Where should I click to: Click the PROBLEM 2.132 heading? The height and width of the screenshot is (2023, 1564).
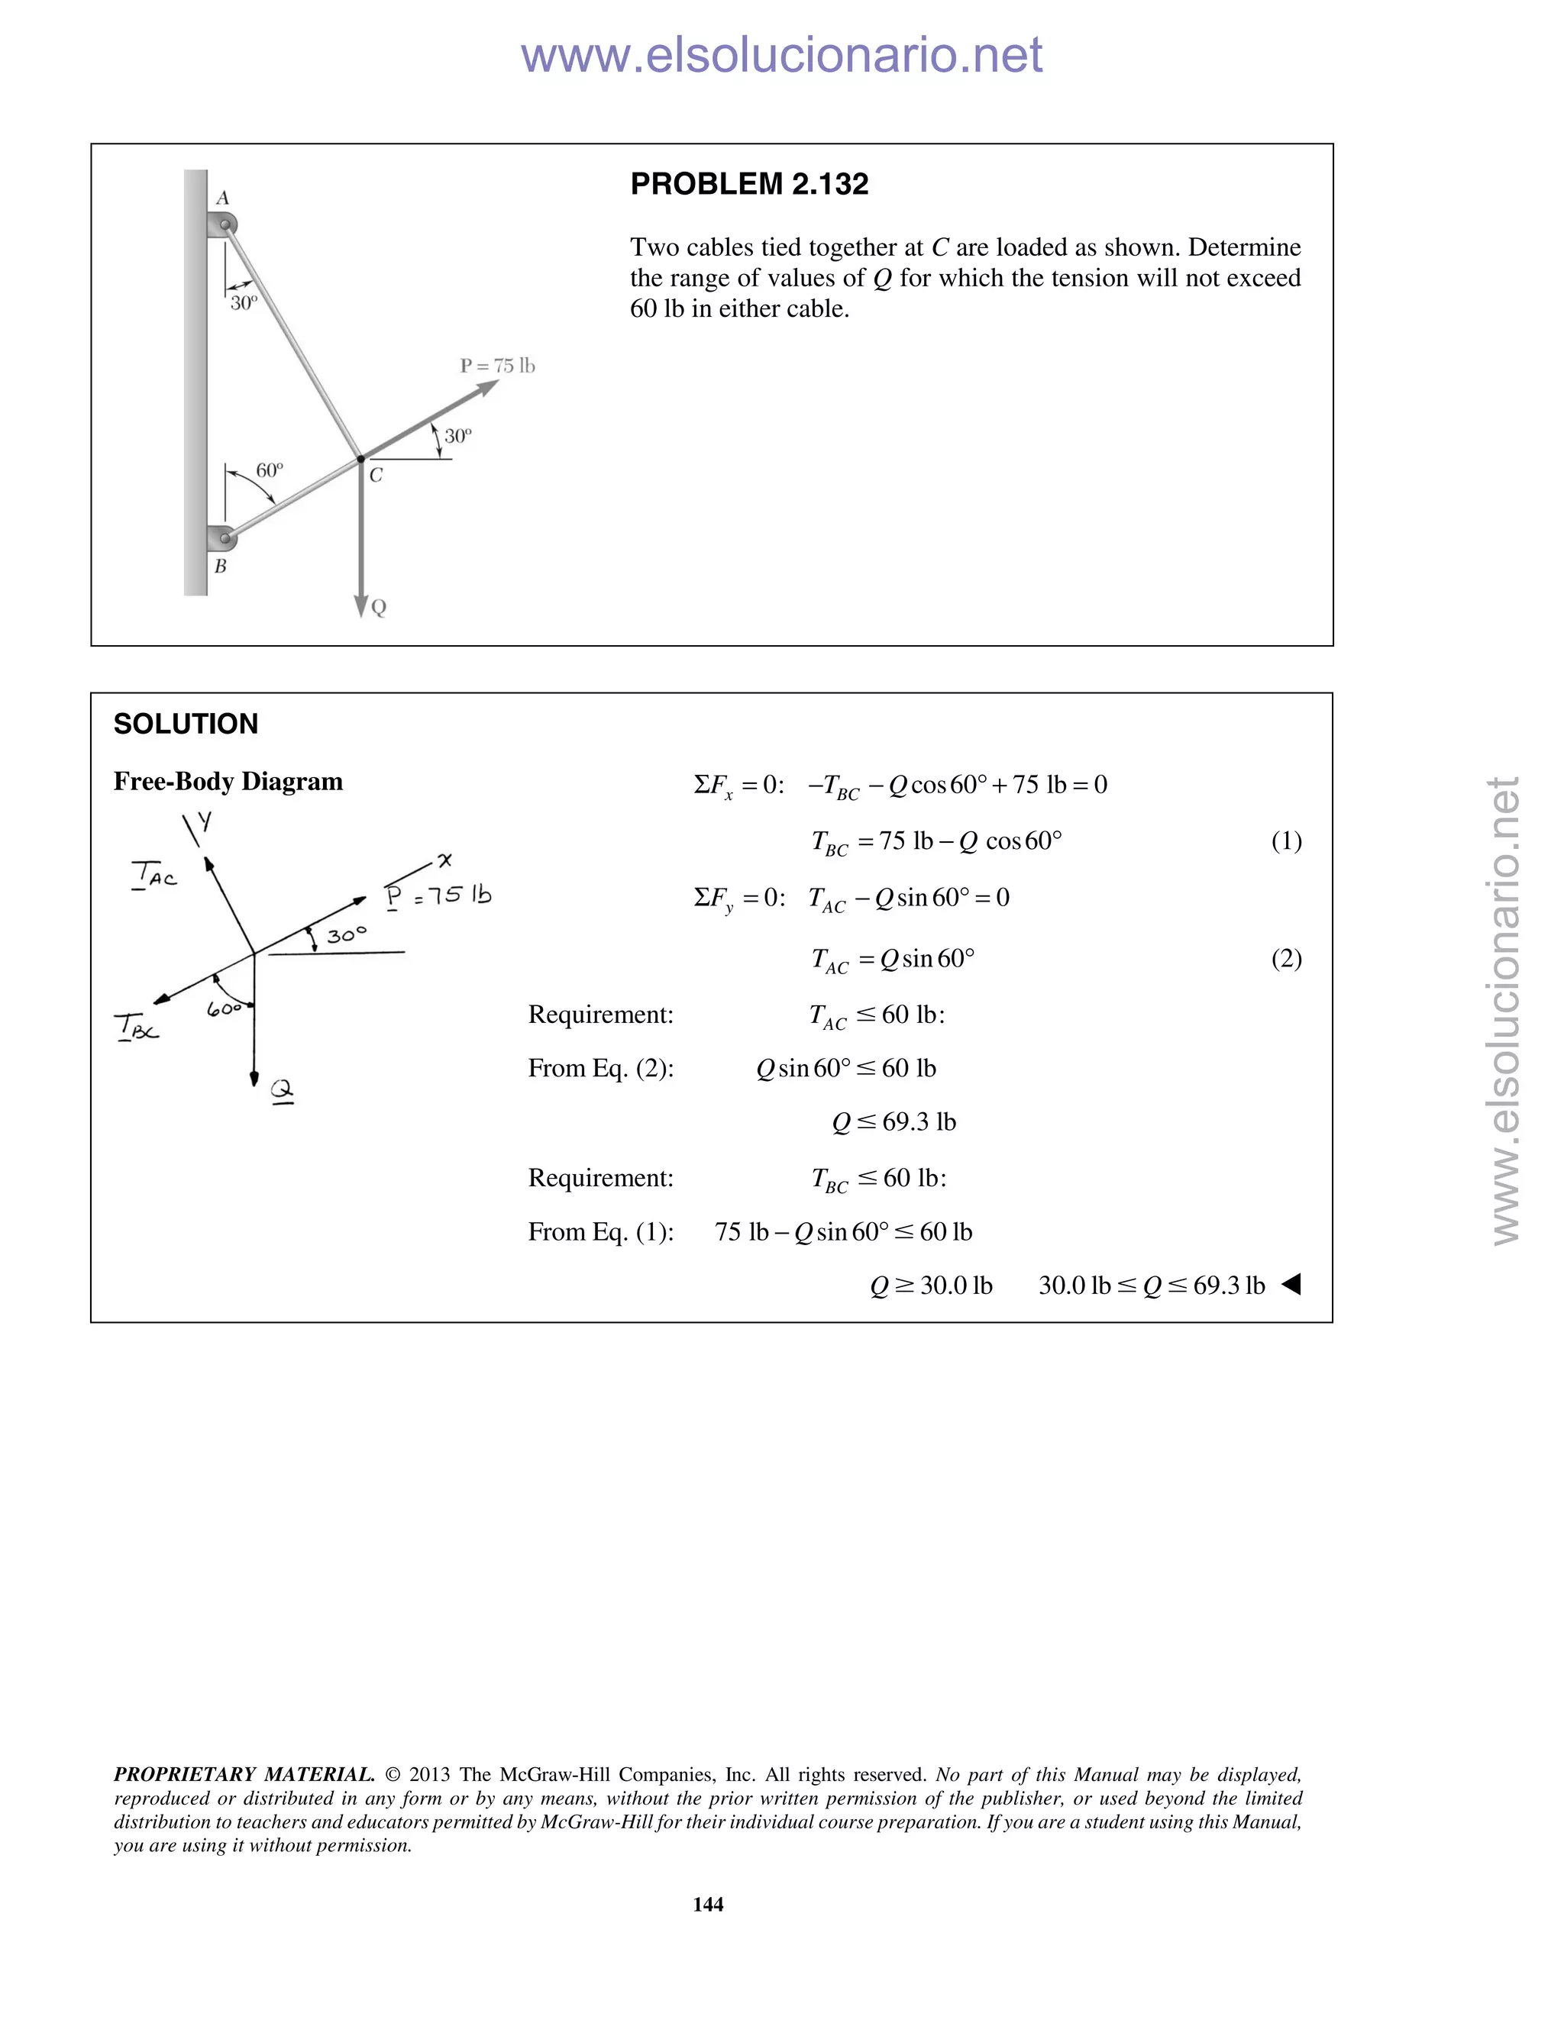[748, 184]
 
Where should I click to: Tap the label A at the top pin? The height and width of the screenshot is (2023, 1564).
[222, 198]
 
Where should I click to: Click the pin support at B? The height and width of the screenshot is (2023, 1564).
[222, 537]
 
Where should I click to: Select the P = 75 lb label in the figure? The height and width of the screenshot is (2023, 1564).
[498, 366]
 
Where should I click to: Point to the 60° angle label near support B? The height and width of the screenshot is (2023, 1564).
[270, 470]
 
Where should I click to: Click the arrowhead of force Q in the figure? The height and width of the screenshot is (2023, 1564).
[361, 606]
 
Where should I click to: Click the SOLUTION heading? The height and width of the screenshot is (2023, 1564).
[186, 724]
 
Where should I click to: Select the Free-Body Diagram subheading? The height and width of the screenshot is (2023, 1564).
[228, 782]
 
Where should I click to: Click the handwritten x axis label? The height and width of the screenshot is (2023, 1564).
[444, 861]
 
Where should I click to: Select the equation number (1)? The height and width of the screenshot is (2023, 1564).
[1286, 841]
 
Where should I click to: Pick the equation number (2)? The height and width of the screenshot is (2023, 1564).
[1286, 959]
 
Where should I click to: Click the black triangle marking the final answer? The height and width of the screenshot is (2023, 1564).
[1291, 1285]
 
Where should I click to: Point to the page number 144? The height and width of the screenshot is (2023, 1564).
[708, 1903]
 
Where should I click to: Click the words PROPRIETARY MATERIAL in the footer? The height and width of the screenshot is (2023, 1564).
[244, 1775]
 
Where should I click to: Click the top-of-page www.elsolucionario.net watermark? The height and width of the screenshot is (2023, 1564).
[781, 56]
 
